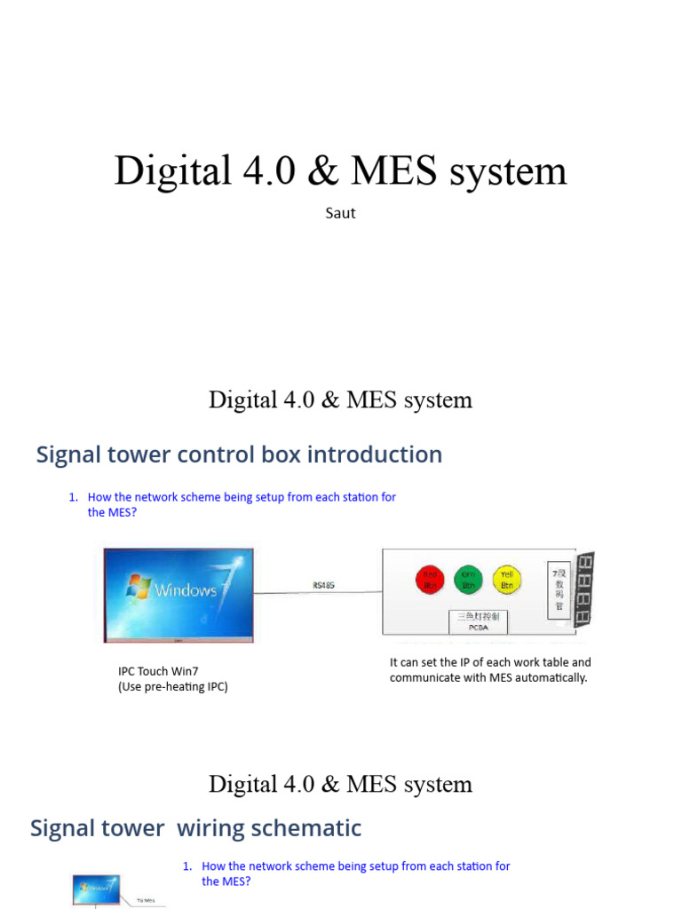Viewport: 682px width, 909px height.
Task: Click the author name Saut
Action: click(340, 213)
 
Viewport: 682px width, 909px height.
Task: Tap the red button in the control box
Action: click(429, 580)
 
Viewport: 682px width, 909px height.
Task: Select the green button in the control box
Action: click(467, 580)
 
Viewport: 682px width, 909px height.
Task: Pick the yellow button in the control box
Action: click(506, 580)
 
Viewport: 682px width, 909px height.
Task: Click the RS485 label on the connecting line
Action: click(324, 586)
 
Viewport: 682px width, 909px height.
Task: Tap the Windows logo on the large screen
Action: click(139, 586)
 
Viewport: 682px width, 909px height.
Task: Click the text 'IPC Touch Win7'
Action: click(159, 671)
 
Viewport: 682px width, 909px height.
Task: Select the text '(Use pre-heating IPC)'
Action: click(173, 686)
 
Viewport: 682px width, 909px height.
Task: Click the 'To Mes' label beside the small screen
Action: click(146, 899)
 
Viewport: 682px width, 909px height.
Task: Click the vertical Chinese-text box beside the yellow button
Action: click(557, 587)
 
